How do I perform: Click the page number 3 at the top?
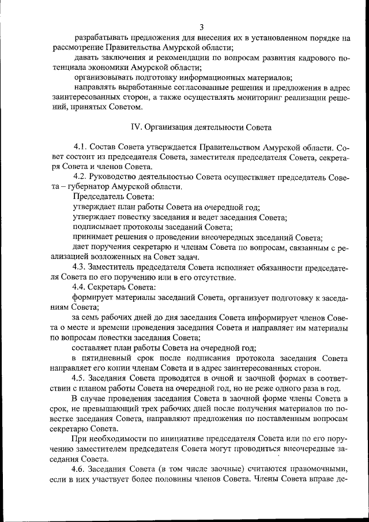(202, 27)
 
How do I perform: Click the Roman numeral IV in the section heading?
(136, 126)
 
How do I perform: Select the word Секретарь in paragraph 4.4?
(112, 287)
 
